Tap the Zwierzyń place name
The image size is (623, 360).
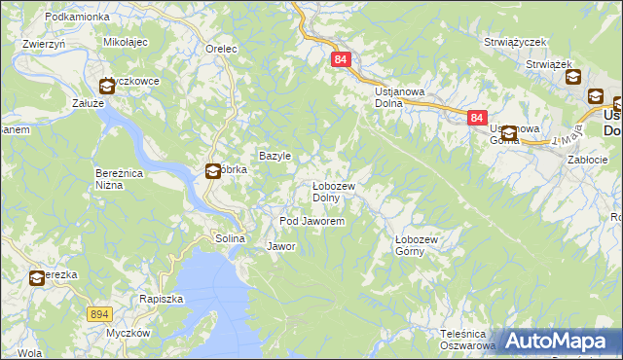(43, 44)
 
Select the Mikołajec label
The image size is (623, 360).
(125, 43)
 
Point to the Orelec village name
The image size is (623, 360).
(222, 48)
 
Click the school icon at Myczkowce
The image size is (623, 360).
(106, 86)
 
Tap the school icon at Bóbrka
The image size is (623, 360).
(213, 171)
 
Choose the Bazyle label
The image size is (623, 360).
(275, 156)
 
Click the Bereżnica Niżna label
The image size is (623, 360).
(121, 178)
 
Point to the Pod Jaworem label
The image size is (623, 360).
(311, 222)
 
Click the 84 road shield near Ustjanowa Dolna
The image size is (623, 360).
(340, 59)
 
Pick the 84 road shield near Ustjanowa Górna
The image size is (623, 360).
(475, 117)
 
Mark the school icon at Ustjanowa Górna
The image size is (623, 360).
(508, 132)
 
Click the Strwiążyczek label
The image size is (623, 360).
(516, 43)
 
